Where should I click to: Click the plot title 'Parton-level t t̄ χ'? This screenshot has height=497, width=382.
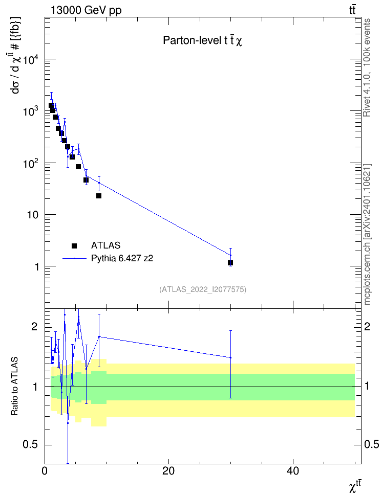click(203, 40)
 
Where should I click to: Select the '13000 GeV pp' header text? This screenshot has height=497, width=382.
click(86, 10)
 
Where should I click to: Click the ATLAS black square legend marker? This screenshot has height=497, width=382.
click(74, 245)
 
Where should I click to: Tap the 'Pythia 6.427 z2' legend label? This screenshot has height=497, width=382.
click(122, 259)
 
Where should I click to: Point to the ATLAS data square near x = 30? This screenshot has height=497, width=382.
click(230, 263)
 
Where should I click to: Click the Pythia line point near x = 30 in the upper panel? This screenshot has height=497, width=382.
click(230, 255)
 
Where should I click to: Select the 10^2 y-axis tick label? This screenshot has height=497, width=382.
click(31, 163)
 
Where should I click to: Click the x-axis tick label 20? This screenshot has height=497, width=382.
click(168, 471)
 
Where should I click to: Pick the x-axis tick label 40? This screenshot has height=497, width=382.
click(292, 471)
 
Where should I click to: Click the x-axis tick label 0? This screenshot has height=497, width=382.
click(45, 471)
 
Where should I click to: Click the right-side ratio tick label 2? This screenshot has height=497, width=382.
click(367, 326)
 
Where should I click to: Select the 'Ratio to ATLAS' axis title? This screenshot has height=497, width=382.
click(14, 387)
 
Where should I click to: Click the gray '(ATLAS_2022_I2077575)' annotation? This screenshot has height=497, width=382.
click(203, 289)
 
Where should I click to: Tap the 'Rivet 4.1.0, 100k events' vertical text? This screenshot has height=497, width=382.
click(367, 67)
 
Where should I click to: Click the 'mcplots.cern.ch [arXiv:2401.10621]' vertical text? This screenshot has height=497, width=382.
click(367, 235)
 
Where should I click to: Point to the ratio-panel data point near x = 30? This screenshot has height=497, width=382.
click(230, 357)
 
